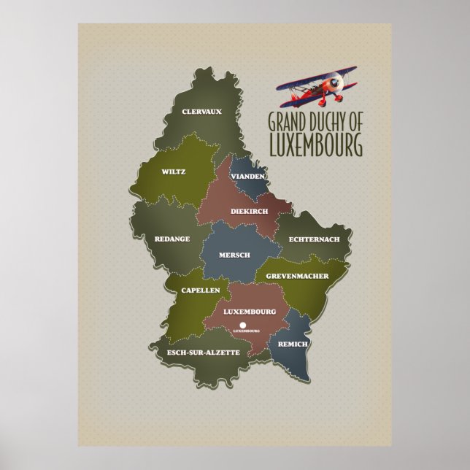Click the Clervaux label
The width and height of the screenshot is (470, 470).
(201, 112)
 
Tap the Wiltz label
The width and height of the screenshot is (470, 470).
(174, 172)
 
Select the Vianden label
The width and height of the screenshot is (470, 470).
(247, 177)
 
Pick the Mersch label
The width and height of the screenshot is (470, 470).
(235, 255)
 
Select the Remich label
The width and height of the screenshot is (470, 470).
(293, 343)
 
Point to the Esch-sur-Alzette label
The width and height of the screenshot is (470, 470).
(203, 352)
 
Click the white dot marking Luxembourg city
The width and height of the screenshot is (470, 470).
(243, 324)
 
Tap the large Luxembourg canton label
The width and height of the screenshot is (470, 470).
(250, 312)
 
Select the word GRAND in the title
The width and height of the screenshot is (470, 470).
(285, 121)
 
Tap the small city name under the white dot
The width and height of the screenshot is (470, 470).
(247, 331)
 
